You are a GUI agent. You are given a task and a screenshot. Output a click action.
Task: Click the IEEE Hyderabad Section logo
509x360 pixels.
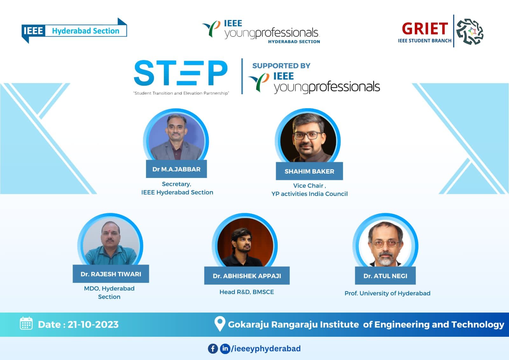(x=74, y=31)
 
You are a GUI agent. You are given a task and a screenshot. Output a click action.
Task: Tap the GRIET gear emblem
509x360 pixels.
(x=470, y=32)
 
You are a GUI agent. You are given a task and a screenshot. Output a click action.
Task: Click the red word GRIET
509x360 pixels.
(x=425, y=29)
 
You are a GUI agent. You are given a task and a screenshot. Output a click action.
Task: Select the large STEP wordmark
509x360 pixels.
(x=181, y=73)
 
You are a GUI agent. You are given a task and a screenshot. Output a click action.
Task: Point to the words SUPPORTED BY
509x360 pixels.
(x=281, y=66)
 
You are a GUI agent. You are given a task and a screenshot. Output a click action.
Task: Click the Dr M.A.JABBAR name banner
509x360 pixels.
(x=176, y=169)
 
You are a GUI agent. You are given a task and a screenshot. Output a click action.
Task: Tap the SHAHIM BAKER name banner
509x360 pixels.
(x=309, y=171)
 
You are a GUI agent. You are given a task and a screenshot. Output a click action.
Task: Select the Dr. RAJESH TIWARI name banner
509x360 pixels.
(x=111, y=274)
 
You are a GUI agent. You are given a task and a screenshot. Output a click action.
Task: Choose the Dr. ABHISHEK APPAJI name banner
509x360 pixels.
(x=247, y=276)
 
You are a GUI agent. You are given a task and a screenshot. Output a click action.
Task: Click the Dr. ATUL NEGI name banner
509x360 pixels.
(x=385, y=276)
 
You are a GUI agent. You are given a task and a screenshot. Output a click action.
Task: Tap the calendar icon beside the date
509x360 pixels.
(x=26, y=323)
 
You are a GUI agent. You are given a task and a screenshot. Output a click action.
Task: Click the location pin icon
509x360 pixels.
(x=220, y=324)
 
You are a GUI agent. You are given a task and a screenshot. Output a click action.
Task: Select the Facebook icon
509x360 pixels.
(x=213, y=349)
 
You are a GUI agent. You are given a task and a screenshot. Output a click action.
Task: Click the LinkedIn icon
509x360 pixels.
(x=225, y=349)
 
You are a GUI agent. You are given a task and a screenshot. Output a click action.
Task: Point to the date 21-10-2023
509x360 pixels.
(x=93, y=325)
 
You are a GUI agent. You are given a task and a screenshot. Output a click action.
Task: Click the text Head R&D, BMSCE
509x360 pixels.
(x=247, y=292)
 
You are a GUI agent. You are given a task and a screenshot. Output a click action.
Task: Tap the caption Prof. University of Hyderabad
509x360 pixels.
(x=387, y=293)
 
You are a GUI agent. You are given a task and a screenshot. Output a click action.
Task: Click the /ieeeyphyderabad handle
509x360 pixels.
(x=266, y=349)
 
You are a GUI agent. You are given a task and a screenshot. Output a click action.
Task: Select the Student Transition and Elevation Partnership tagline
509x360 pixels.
(x=181, y=93)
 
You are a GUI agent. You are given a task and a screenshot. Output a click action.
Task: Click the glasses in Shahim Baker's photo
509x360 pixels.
(x=308, y=136)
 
